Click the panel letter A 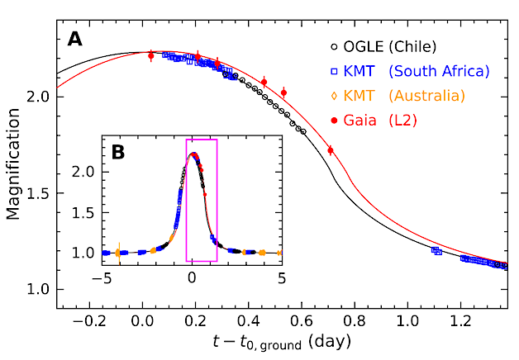pyautogui.click(x=75, y=39)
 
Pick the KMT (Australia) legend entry pyautogui.click(x=410, y=96)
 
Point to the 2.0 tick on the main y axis pyautogui.click(x=37, y=97)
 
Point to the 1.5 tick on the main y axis pyautogui.click(x=37, y=193)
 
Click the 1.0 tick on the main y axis pyautogui.click(x=37, y=289)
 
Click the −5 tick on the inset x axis pyautogui.click(x=102, y=278)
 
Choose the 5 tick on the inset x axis pyautogui.click(x=282, y=278)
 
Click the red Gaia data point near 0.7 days pyautogui.click(x=331, y=150)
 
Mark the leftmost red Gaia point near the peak pyautogui.click(x=150, y=55)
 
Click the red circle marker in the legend pyautogui.click(x=335, y=121)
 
